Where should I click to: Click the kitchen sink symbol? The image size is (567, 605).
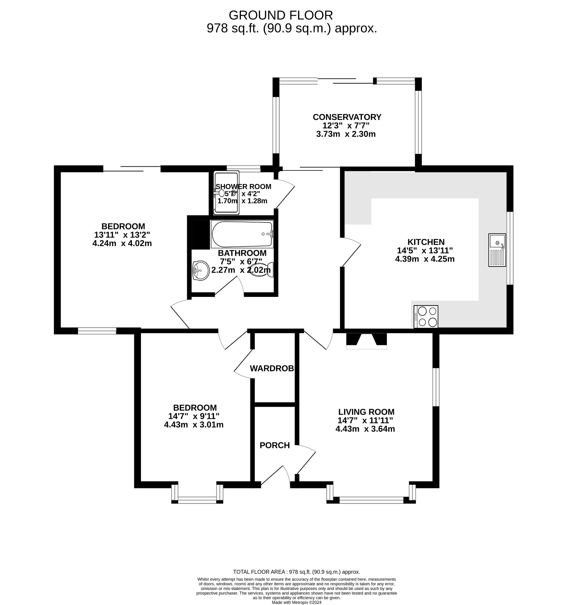point(497,250)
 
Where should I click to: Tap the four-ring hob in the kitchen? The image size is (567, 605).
point(426,316)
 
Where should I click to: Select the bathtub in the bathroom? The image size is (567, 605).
point(242,234)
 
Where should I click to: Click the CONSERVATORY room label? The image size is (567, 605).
point(347,117)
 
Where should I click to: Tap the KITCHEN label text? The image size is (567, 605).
point(426,242)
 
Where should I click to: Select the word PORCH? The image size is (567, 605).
point(274,445)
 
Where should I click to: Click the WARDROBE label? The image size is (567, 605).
point(274,369)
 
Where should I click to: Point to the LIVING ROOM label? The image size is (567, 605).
point(366,412)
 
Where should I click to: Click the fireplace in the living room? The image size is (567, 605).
point(366,341)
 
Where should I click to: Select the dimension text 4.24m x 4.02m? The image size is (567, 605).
point(122,243)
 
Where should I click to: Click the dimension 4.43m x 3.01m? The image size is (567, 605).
point(194,425)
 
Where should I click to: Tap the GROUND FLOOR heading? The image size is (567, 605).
point(281,15)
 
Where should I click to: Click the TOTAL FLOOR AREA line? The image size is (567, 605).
point(296,572)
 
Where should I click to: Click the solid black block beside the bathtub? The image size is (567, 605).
point(200,234)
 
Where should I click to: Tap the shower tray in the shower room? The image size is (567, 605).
point(226,193)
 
